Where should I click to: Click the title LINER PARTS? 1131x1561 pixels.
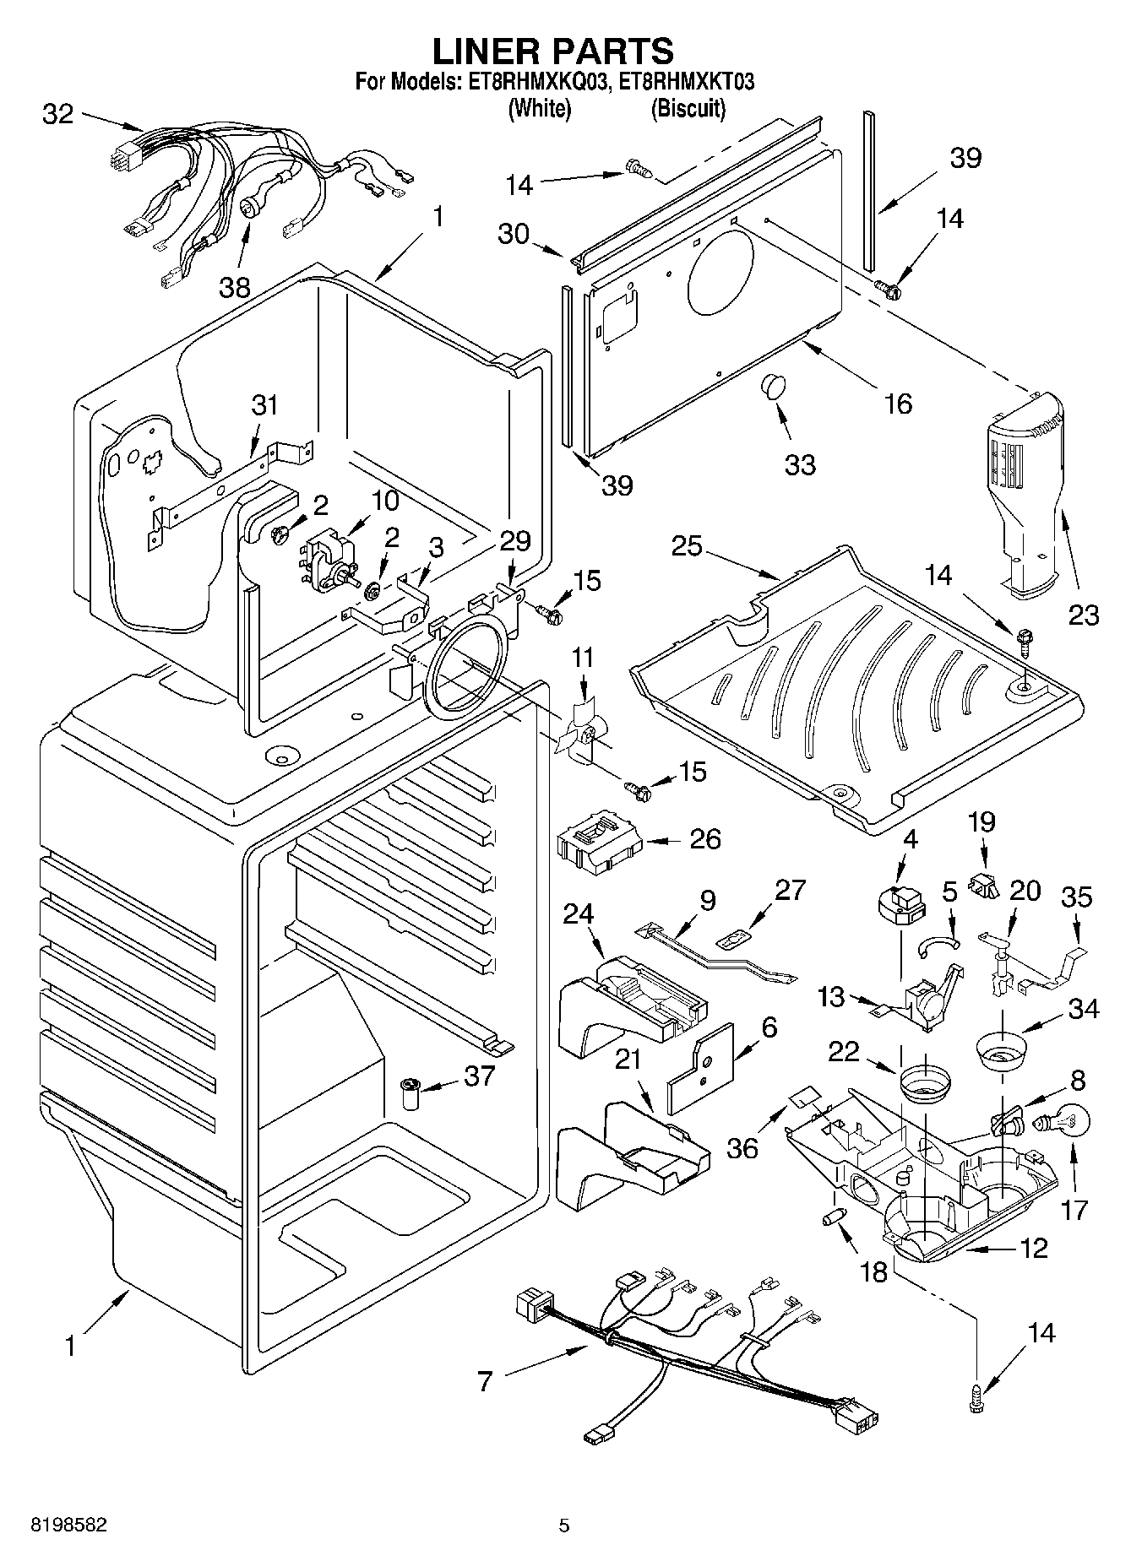(x=553, y=52)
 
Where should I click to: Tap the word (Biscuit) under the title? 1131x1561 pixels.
(x=688, y=109)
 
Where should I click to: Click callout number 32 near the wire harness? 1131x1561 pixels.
(x=57, y=114)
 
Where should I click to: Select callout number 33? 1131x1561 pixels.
(x=800, y=464)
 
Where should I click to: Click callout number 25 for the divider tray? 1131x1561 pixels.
(x=687, y=546)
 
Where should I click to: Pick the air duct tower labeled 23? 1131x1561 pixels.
(x=1027, y=485)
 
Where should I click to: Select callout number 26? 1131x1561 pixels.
(x=705, y=838)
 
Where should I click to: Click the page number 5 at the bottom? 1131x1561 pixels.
(x=564, y=1525)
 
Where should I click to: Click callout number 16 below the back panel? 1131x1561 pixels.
(x=898, y=404)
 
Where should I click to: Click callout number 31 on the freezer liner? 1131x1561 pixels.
(x=264, y=405)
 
